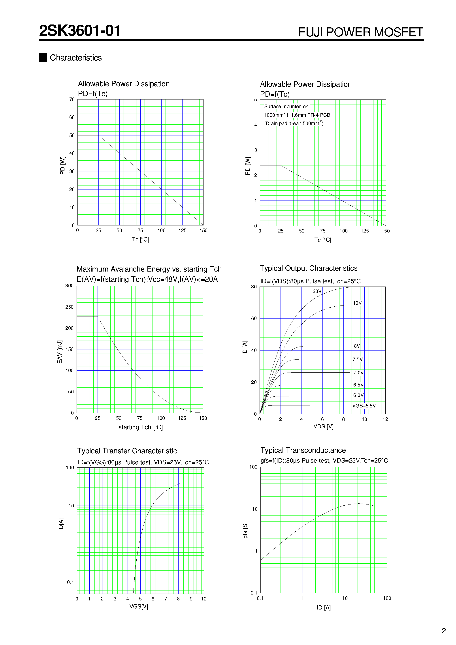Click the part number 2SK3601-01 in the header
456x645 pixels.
coord(80,31)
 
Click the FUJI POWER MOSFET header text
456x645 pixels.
coord(360,32)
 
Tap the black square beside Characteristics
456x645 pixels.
coord(43,58)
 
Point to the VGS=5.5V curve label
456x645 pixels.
coord(364,406)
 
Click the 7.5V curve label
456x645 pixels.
coord(357,359)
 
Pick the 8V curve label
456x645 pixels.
coord(357,346)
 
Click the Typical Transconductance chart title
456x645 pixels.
coord(303,450)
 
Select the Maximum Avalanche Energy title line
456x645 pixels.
coord(149,269)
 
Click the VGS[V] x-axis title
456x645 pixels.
coord(139,607)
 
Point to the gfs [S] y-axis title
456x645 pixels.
coord(245,530)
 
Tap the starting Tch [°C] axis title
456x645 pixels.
coord(140,427)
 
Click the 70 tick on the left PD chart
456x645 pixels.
coord(72,99)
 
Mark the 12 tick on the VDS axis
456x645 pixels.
coord(385,419)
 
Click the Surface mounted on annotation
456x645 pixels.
coord(286,107)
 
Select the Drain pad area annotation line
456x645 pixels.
coord(294,123)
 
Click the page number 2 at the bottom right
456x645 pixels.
coord(444,631)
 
